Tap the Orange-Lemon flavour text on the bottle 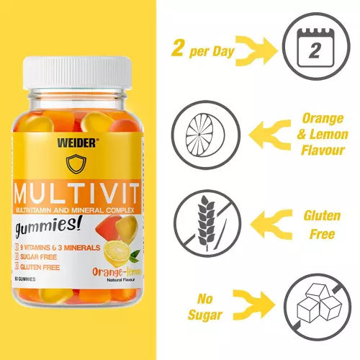(x=114, y=271)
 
